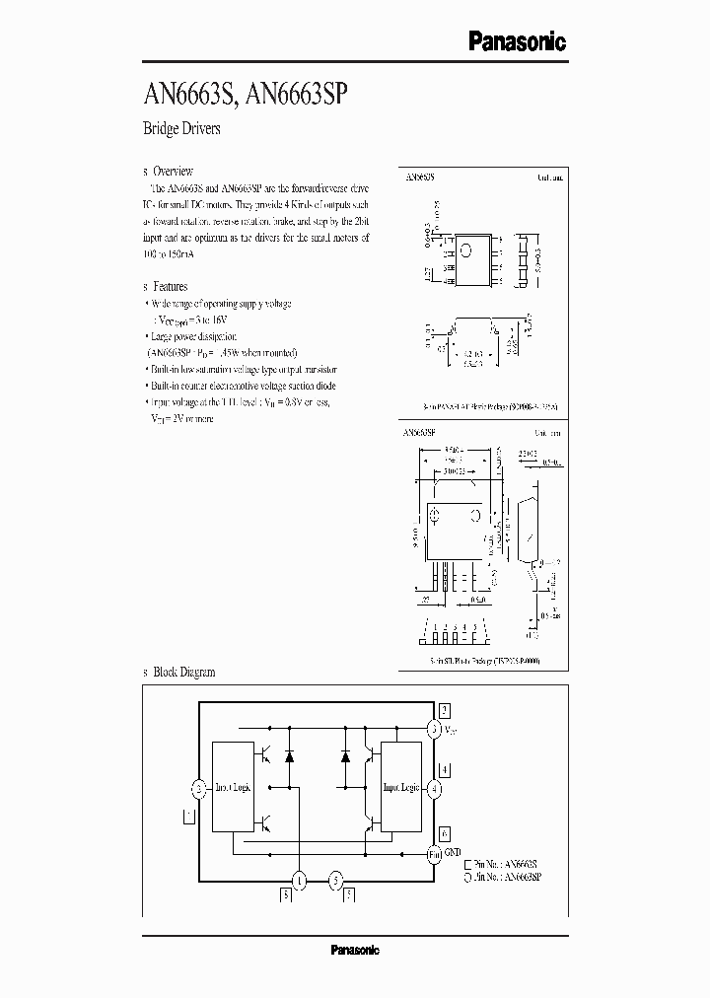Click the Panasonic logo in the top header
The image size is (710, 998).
click(516, 41)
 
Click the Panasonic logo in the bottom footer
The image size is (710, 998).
click(354, 950)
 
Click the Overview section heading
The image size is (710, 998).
click(174, 171)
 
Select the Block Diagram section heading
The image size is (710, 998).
click(183, 672)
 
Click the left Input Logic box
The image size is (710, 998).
click(233, 787)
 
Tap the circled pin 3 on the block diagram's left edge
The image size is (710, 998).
click(200, 788)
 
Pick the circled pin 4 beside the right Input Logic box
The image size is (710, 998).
click(435, 788)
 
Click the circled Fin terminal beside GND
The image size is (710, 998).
click(435, 852)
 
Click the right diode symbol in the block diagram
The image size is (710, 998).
click(346, 756)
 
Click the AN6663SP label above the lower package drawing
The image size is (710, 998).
click(422, 432)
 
